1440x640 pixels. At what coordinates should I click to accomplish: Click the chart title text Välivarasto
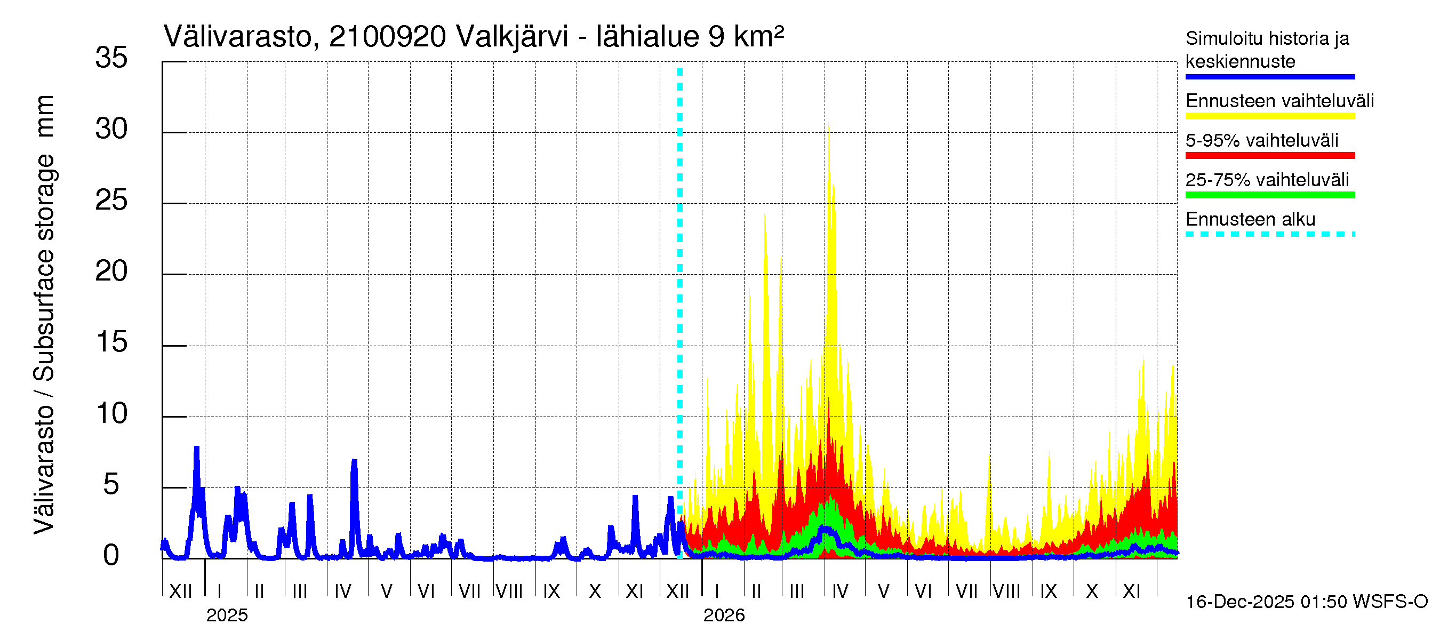[x=241, y=37]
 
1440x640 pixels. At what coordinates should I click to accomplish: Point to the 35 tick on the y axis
[x=111, y=58]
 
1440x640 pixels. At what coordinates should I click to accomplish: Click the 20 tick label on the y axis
[x=111, y=271]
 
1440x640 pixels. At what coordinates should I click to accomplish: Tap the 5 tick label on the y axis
[x=111, y=485]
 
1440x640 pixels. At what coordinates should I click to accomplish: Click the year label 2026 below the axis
[x=724, y=615]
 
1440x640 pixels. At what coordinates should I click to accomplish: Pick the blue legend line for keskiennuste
[x=1269, y=77]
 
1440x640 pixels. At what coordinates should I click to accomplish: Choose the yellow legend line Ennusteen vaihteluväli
[x=1269, y=116]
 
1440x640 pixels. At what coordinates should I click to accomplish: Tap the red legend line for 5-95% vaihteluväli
[x=1269, y=155]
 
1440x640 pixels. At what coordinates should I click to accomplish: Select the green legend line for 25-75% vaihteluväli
[x=1269, y=195]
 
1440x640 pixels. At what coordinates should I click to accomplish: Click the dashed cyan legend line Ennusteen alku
[x=1269, y=234]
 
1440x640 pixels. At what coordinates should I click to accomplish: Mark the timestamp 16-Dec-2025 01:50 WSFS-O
[x=1306, y=602]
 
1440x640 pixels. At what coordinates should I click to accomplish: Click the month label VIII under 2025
[x=509, y=591]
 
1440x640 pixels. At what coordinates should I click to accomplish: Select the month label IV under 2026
[x=839, y=591]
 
